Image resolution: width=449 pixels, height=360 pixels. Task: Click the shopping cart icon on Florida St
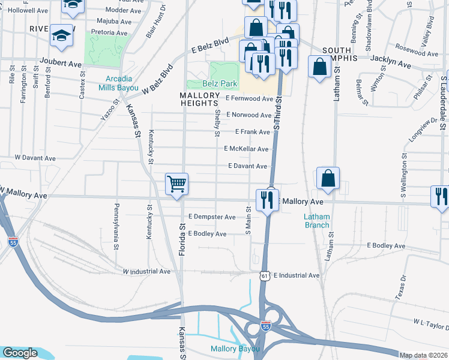point(177,184)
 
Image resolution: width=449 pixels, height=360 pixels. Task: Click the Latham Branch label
point(316,221)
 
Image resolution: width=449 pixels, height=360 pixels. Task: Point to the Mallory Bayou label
point(235,349)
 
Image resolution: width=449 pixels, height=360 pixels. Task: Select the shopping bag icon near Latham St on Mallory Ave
point(328,178)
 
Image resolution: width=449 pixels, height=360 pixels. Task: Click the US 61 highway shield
point(265,275)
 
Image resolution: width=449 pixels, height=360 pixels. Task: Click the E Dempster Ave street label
point(211,217)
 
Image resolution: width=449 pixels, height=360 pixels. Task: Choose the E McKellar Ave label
point(246,149)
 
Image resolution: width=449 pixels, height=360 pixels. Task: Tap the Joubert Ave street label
point(60,62)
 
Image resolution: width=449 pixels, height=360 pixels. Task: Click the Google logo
point(20,353)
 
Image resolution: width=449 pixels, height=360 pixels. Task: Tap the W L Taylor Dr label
point(430,323)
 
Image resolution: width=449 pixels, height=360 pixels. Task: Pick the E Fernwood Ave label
point(249,98)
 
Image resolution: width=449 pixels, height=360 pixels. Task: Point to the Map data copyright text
point(423,355)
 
